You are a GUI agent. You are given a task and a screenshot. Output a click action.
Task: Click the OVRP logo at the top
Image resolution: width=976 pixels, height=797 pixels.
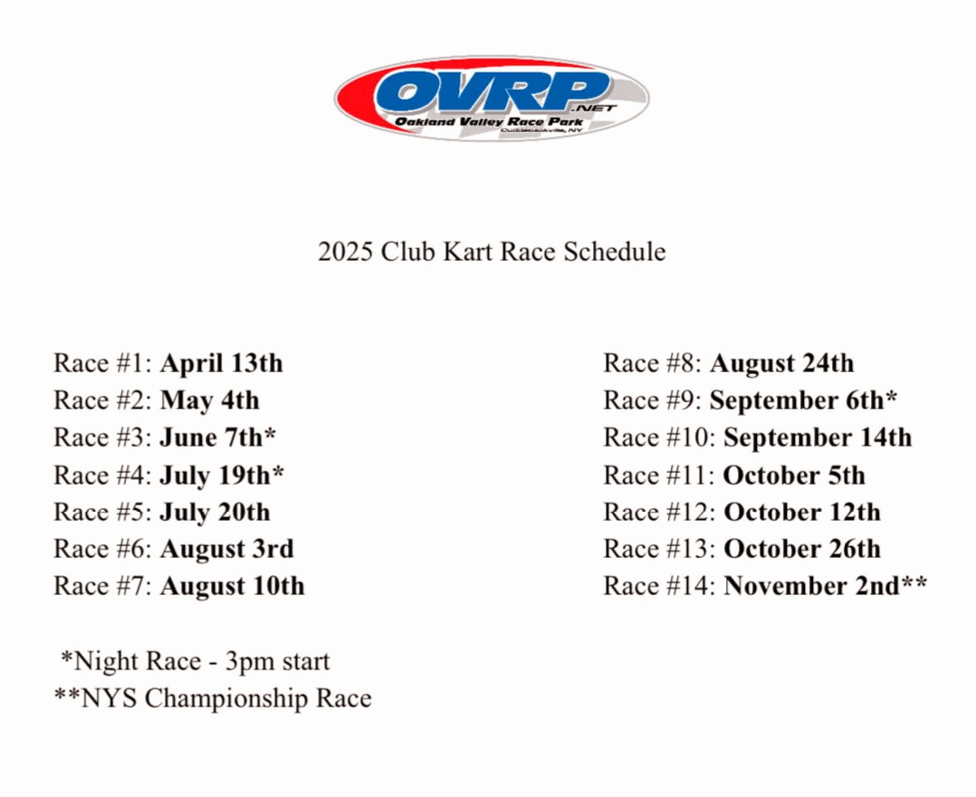click(492, 98)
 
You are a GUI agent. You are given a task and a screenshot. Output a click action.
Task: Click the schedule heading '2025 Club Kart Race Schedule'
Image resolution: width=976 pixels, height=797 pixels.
click(492, 251)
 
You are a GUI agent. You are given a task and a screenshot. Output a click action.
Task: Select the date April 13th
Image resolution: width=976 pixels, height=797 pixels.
click(221, 363)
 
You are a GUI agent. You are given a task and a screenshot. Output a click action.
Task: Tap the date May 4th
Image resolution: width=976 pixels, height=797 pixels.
click(209, 400)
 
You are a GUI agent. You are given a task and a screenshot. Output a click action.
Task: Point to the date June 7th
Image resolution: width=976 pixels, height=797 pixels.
click(217, 437)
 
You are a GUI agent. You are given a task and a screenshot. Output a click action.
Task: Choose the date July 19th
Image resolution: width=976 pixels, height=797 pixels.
click(222, 475)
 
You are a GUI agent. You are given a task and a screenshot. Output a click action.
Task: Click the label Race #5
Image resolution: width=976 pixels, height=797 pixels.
click(102, 512)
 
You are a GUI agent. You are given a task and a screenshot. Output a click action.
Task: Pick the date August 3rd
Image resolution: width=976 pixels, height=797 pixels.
click(226, 549)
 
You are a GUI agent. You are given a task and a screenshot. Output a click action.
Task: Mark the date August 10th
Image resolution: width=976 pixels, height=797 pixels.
click(232, 586)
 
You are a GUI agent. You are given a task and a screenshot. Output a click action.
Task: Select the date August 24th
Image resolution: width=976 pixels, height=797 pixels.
click(781, 363)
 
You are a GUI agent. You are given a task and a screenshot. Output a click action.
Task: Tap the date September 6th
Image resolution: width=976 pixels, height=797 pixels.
click(802, 400)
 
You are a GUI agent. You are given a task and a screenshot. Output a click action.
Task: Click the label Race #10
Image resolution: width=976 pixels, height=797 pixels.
click(660, 437)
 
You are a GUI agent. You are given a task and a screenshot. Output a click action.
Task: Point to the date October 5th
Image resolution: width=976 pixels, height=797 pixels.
click(795, 475)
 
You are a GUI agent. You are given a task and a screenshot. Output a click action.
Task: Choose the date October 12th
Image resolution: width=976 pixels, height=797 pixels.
click(802, 512)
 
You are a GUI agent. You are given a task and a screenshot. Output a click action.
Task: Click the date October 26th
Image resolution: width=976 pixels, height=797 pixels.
click(802, 549)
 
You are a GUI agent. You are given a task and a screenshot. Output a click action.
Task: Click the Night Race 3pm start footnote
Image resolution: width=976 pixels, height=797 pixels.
click(195, 661)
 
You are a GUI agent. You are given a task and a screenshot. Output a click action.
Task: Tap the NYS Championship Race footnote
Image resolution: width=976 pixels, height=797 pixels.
click(213, 698)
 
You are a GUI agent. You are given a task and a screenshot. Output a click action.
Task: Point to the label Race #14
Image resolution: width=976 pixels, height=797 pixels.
click(660, 586)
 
